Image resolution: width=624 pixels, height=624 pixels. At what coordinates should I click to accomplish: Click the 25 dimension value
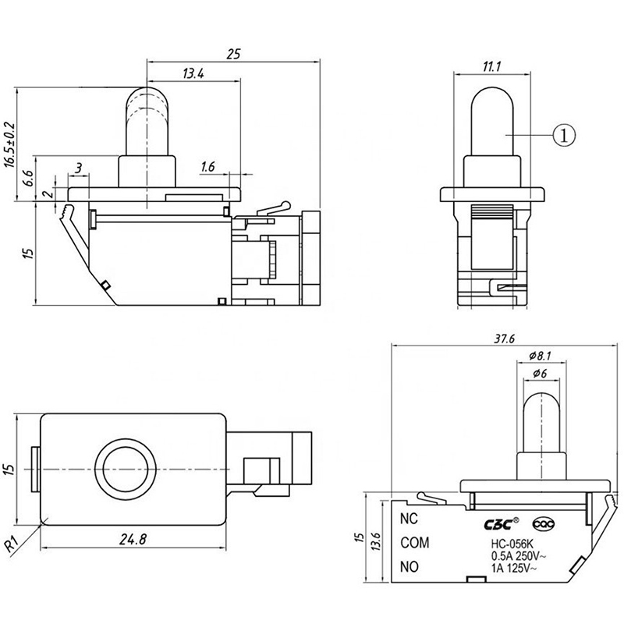click(233, 54)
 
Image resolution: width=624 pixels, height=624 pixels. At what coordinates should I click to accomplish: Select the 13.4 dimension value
click(193, 73)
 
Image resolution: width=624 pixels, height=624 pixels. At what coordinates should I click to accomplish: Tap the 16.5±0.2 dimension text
click(10, 145)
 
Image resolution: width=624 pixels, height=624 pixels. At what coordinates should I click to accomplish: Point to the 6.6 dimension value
click(27, 178)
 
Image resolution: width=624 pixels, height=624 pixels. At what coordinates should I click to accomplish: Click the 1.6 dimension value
click(207, 167)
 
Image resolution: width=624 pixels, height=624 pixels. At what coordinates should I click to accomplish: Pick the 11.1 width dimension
click(492, 66)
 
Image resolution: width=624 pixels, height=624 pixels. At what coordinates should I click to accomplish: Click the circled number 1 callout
click(564, 135)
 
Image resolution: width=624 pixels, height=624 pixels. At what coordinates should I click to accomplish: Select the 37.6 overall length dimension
click(504, 339)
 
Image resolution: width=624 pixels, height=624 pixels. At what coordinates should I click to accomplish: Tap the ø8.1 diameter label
click(540, 356)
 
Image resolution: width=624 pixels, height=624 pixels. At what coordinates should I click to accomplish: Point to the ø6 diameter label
click(540, 373)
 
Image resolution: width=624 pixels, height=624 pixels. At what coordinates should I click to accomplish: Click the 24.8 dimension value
click(133, 539)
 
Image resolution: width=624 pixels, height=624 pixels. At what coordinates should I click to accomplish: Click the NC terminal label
click(409, 519)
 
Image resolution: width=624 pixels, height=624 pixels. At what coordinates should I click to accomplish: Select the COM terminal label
click(415, 542)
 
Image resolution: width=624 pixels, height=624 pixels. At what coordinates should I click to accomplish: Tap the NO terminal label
click(409, 567)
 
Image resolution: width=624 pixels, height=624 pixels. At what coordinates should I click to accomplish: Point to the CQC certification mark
click(544, 524)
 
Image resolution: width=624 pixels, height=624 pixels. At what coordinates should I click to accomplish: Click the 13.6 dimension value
click(376, 541)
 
